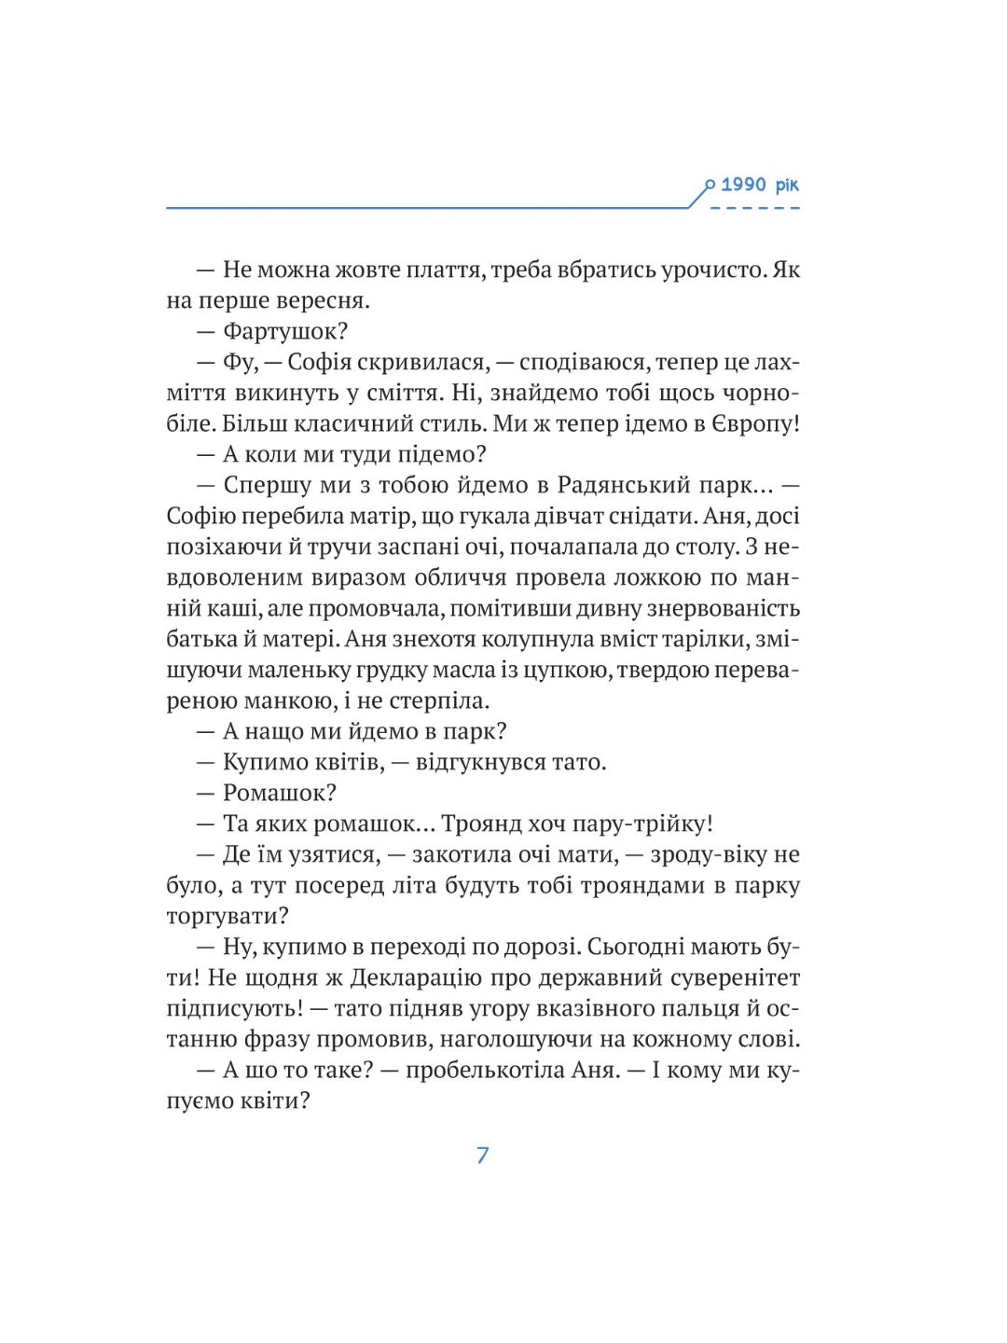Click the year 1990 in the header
click(x=743, y=185)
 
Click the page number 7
click(x=482, y=1155)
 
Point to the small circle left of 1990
click(x=710, y=186)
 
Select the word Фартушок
click(x=284, y=331)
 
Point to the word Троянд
click(x=480, y=824)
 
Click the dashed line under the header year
click(x=754, y=207)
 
